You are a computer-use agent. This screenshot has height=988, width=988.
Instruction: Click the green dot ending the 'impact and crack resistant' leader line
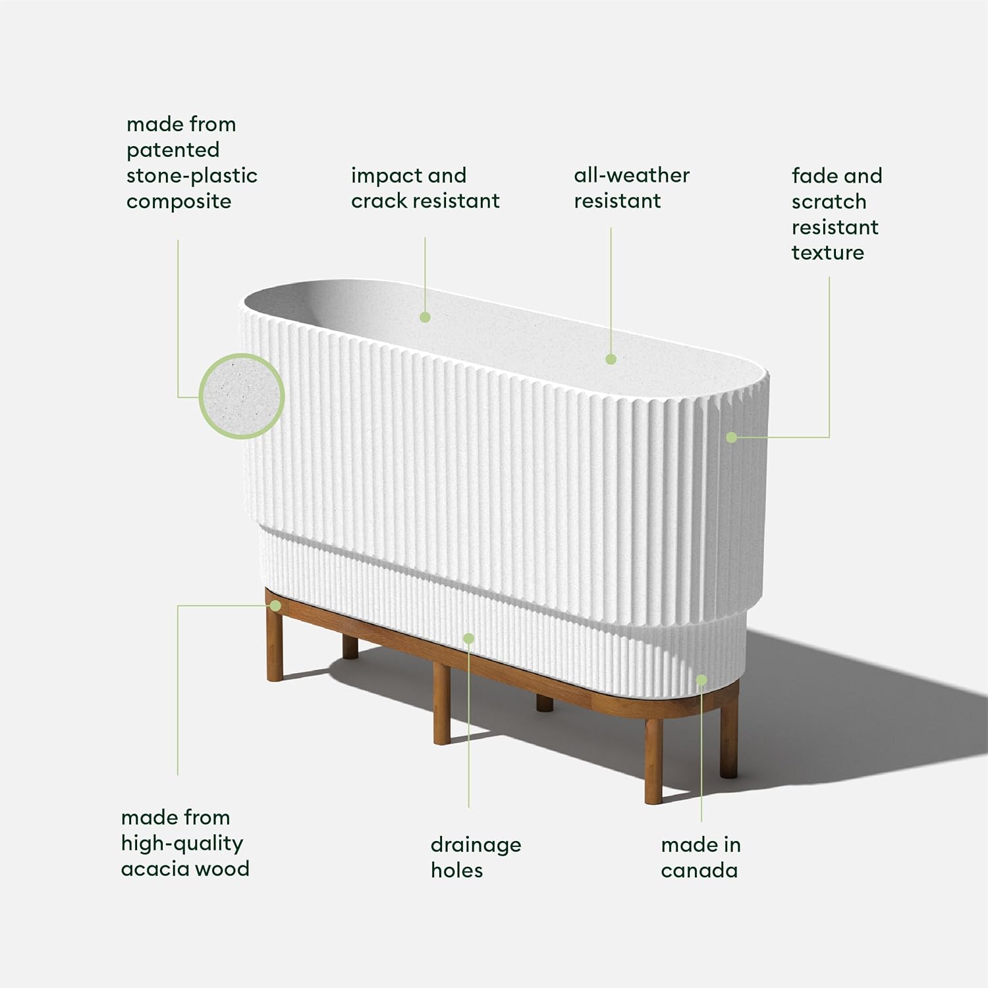pyautogui.click(x=425, y=317)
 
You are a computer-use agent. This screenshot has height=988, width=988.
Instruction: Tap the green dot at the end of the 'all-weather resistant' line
pyautogui.click(x=611, y=359)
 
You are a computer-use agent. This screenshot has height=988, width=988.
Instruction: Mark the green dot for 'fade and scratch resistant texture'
pyautogui.click(x=731, y=437)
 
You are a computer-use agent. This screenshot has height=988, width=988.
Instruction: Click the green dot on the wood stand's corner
pyautogui.click(x=275, y=605)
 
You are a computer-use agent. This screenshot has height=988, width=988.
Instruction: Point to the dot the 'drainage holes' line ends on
pyautogui.click(x=468, y=638)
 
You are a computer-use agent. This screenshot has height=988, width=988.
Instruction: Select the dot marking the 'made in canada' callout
pyautogui.click(x=701, y=680)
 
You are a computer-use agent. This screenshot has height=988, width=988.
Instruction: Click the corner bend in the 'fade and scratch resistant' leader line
pyautogui.click(x=829, y=437)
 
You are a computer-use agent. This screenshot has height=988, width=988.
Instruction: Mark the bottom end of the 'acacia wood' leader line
pyautogui.click(x=178, y=775)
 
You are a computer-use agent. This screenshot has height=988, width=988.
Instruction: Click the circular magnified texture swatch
pyautogui.click(x=242, y=397)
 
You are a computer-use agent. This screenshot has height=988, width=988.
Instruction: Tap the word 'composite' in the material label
pyautogui.click(x=178, y=202)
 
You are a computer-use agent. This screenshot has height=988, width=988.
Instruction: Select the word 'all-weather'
pyautogui.click(x=632, y=175)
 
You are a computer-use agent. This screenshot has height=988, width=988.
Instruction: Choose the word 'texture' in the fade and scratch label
pyautogui.click(x=828, y=252)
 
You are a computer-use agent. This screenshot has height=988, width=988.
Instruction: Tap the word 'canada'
pyautogui.click(x=700, y=870)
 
